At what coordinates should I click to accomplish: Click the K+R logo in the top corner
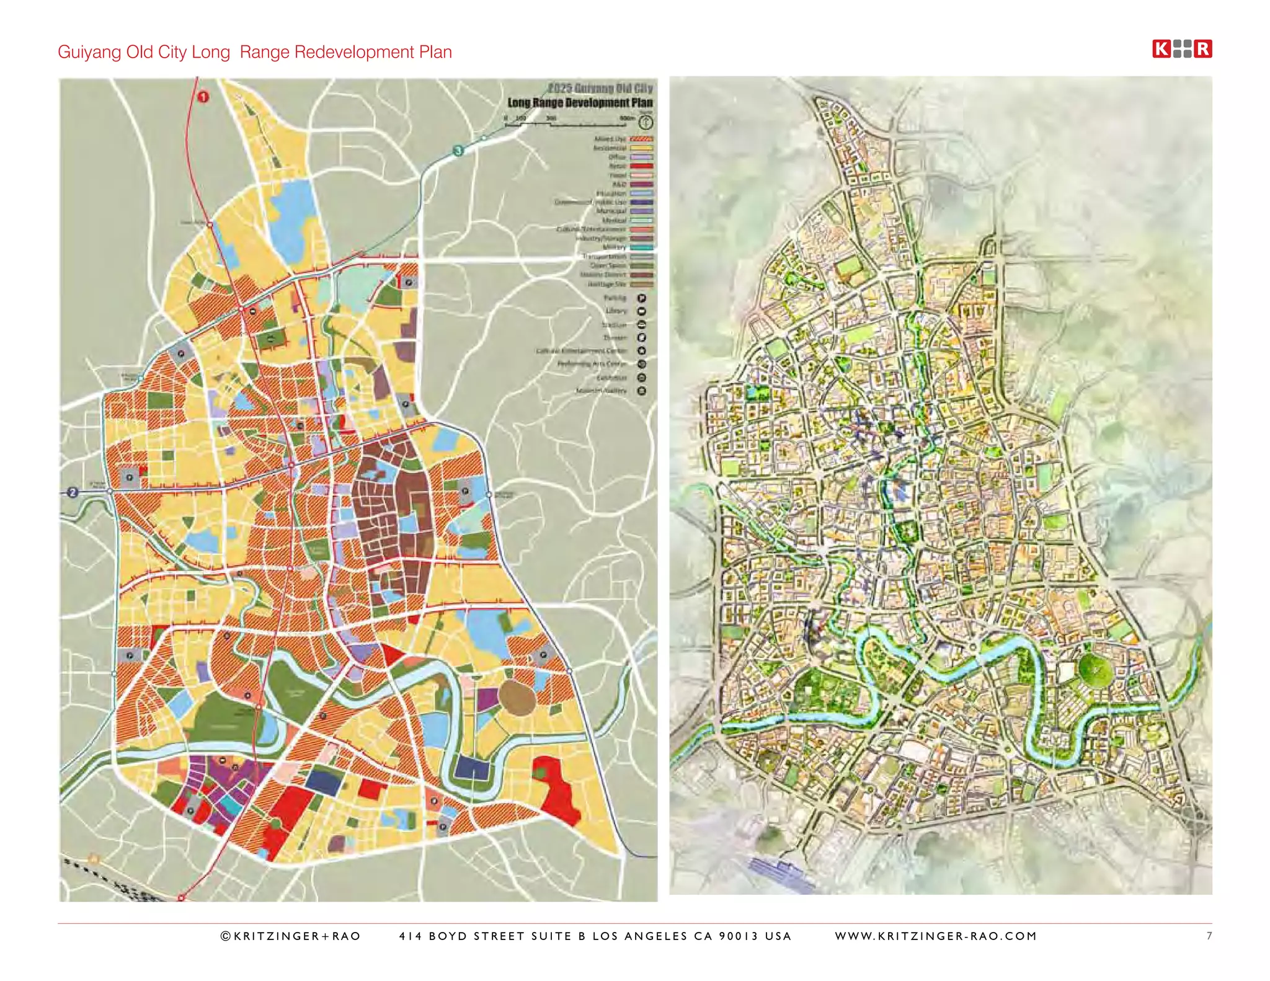tap(1182, 49)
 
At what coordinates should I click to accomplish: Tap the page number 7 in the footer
tap(1209, 936)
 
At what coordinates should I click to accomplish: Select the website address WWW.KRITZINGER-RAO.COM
tap(936, 936)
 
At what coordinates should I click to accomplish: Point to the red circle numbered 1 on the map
tap(203, 97)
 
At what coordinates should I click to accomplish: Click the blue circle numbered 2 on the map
tap(73, 492)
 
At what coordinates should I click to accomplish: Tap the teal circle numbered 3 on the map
tap(458, 151)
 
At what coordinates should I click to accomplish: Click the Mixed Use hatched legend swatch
tap(641, 139)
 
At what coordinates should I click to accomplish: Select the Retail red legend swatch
tap(641, 166)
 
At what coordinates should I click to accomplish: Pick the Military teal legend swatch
tap(641, 247)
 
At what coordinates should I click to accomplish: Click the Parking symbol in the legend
tap(642, 298)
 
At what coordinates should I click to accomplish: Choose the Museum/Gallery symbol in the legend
tap(642, 391)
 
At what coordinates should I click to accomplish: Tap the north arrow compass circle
tap(646, 122)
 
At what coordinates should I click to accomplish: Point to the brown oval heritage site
tap(517, 697)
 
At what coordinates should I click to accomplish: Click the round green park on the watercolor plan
tap(1096, 670)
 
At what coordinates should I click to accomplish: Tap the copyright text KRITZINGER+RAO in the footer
tap(291, 936)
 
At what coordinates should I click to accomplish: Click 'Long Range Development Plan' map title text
tap(580, 103)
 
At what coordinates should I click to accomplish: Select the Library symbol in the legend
tap(642, 311)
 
